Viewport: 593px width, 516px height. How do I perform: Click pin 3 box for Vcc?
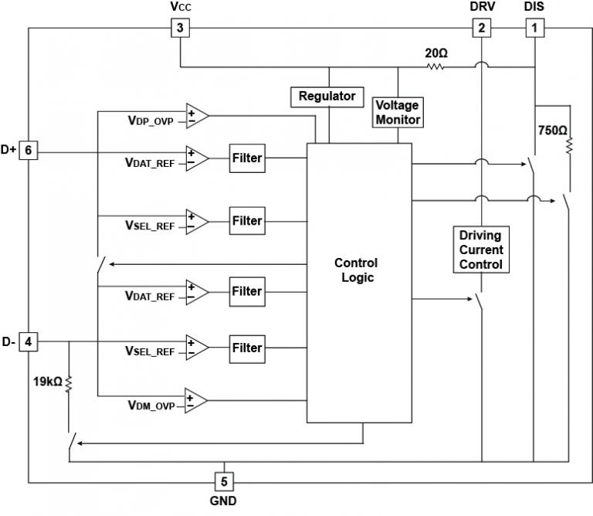(x=179, y=29)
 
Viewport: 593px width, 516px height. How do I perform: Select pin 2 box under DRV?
(x=482, y=29)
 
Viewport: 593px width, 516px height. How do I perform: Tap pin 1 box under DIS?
(x=534, y=29)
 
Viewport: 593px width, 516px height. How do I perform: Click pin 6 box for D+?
(x=28, y=151)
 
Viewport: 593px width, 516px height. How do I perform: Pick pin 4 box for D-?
(x=28, y=341)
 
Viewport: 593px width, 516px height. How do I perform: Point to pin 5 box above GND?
(x=224, y=482)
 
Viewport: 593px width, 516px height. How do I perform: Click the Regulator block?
(x=327, y=97)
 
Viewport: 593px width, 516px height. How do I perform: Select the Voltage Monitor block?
(x=398, y=111)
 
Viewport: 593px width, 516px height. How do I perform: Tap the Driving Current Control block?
(x=480, y=250)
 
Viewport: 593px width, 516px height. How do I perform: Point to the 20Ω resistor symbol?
(x=435, y=67)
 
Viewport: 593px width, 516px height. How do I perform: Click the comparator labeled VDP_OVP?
(x=196, y=116)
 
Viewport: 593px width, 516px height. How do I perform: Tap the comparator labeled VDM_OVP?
(x=196, y=400)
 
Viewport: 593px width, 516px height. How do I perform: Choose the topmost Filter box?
(x=247, y=158)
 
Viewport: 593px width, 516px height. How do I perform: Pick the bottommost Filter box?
(x=247, y=348)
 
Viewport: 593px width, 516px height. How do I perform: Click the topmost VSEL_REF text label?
(x=150, y=226)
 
